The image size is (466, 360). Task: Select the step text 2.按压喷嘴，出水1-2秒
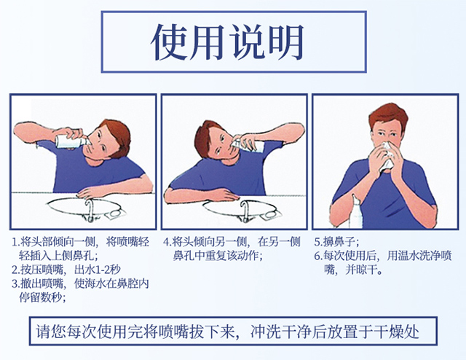65,269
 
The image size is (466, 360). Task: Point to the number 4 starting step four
167,242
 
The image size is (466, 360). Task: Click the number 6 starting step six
318,256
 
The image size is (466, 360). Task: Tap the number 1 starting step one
15,242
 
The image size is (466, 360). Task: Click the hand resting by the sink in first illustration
90,191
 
